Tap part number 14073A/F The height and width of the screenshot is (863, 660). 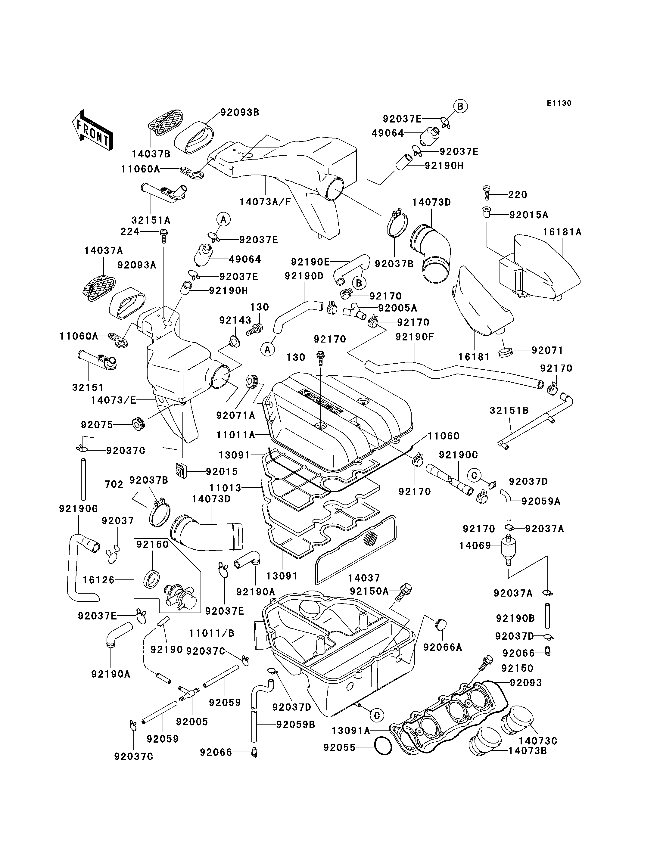265,202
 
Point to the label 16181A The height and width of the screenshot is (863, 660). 562,232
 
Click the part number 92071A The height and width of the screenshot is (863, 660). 235,415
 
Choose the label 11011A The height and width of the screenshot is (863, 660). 236,435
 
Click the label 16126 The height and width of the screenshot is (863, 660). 98,580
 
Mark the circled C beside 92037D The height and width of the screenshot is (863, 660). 474,476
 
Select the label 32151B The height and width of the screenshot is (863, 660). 509,411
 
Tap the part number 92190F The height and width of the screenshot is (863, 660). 415,337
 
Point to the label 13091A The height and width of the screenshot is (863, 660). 351,730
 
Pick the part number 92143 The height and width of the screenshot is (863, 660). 235,320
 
